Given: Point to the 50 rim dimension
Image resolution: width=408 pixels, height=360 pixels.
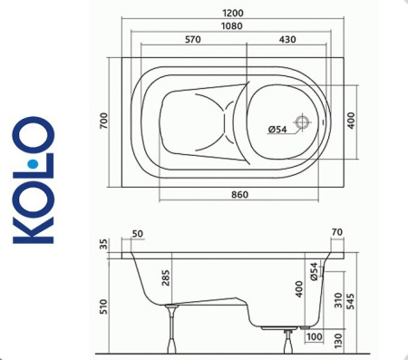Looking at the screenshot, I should point(138,234).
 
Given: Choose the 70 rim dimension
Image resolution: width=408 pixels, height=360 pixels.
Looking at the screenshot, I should point(337,234).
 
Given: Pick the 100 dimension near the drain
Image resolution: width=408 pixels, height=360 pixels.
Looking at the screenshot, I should point(314,338).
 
